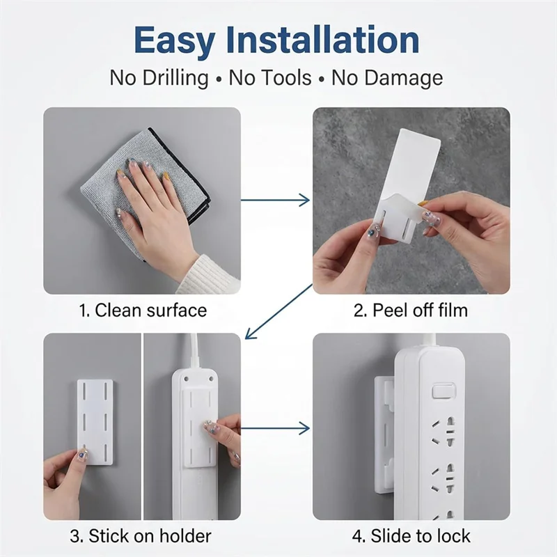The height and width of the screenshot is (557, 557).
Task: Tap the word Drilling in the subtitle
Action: click(x=175, y=79)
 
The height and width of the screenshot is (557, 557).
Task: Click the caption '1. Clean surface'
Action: click(x=143, y=310)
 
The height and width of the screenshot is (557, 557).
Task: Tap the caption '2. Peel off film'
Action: click(x=411, y=310)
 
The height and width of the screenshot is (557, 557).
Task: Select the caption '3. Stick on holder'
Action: click(x=141, y=535)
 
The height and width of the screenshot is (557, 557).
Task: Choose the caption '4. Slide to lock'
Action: click(x=411, y=535)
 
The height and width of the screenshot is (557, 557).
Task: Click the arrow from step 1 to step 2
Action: click(x=275, y=200)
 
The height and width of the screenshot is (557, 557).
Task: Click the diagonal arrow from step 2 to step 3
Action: click(x=279, y=311)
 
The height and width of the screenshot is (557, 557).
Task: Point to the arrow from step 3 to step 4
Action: click(x=275, y=428)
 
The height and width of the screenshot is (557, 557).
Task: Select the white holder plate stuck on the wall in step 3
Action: click(x=95, y=422)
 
